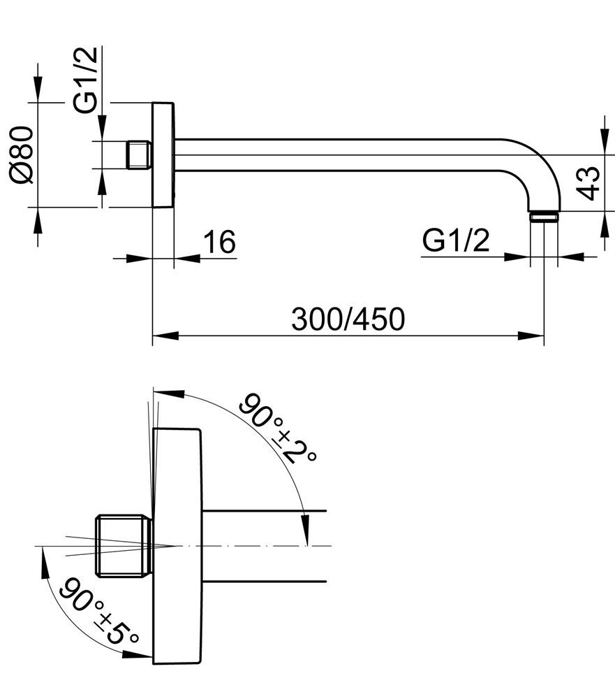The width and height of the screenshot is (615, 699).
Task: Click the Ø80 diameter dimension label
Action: [x=22, y=154]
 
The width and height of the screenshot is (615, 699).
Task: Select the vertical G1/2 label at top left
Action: [x=85, y=80]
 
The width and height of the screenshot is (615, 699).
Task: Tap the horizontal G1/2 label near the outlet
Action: [x=455, y=240]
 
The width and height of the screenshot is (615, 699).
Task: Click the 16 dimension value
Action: [x=220, y=242]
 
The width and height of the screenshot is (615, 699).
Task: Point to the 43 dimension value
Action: [x=588, y=183]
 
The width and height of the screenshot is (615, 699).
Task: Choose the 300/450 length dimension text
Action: [x=348, y=319]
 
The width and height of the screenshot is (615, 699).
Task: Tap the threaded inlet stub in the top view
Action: [x=139, y=155]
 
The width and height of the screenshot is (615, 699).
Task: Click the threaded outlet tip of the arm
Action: [x=544, y=216]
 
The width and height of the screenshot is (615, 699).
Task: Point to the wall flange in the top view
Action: [x=163, y=154]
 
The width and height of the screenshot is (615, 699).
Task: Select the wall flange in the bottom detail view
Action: [x=177, y=546]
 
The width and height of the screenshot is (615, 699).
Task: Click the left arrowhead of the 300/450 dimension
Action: [x=165, y=336]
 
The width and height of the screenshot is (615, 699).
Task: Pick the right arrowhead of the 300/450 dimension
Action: [x=531, y=336]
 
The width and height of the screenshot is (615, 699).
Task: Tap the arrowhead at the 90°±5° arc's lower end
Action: [x=137, y=654]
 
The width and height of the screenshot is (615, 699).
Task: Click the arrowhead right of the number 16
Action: [x=187, y=258]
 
